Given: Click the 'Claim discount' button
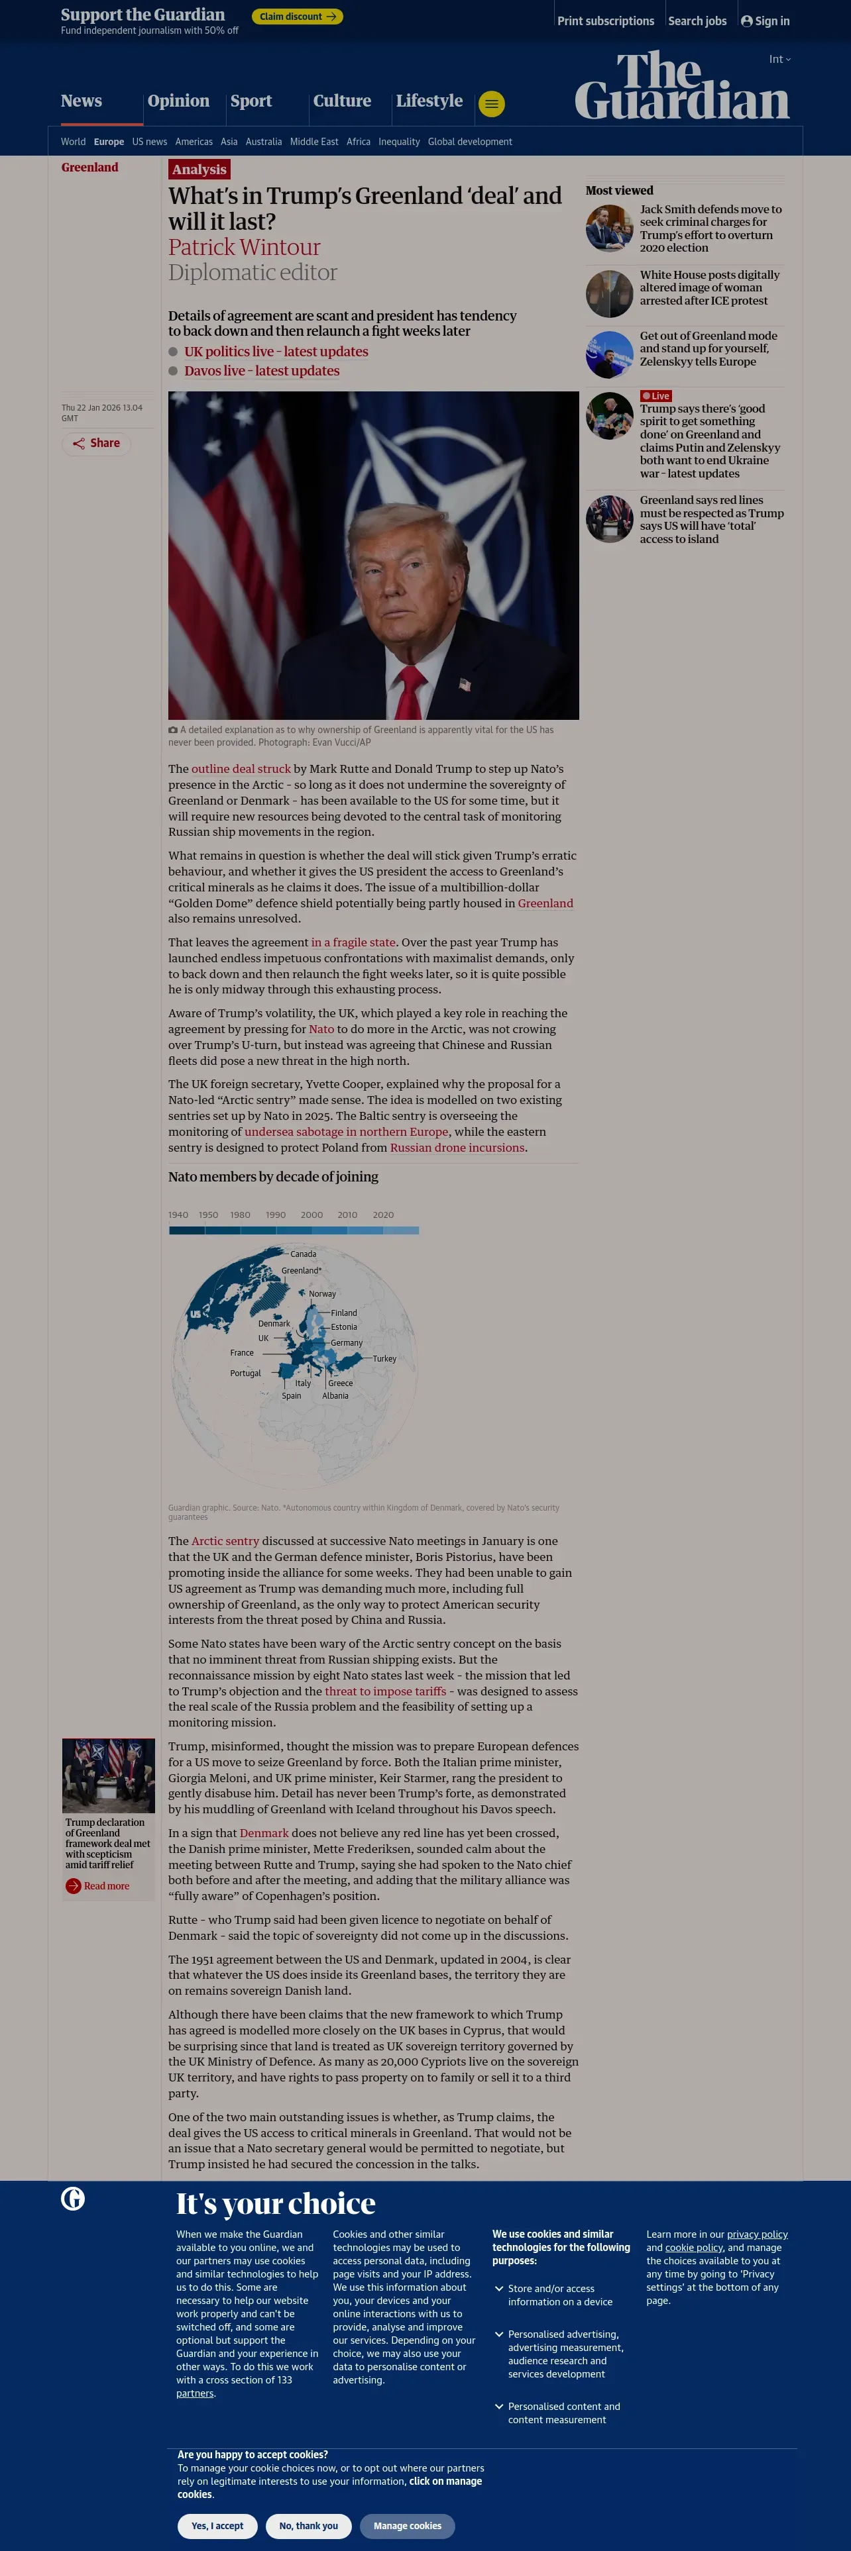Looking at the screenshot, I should point(297,17).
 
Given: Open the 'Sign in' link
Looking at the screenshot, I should point(766,21).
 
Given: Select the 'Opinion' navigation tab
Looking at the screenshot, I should point(178,101).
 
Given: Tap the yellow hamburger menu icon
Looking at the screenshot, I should point(491,103).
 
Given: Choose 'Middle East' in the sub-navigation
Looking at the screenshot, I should point(314,142).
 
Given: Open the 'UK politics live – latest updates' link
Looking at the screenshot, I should point(276,352).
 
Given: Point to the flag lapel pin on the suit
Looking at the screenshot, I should point(465,683).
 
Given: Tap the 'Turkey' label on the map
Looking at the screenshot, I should point(384,1359).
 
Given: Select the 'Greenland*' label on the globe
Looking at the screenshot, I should point(301,1271).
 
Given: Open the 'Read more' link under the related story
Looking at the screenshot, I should point(106,1885).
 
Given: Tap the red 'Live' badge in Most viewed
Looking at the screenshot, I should point(656,396).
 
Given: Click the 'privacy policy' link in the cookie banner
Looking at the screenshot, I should point(757,2234).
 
